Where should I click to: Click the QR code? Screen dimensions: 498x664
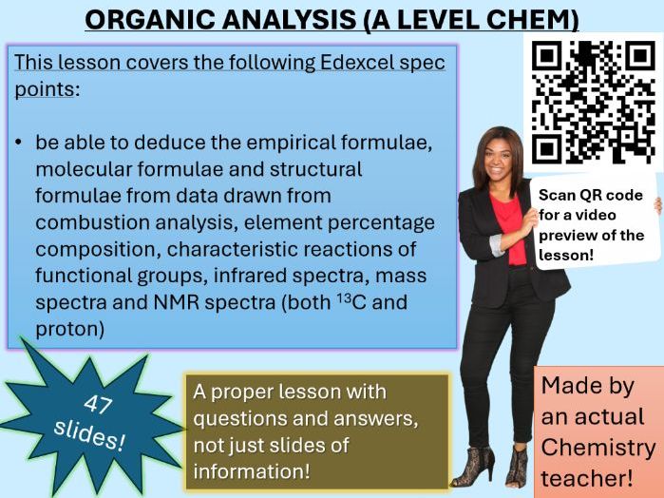point(593,101)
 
